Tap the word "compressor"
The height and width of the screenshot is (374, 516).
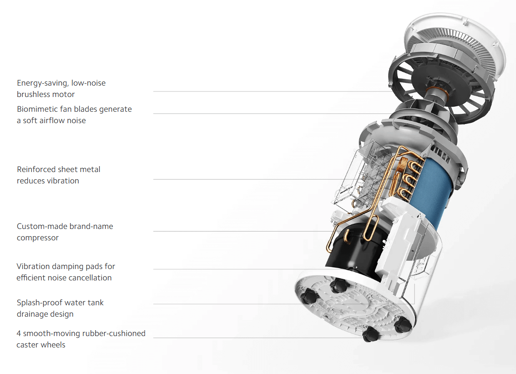click(x=38, y=238)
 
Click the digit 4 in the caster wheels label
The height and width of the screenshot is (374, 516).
click(x=19, y=334)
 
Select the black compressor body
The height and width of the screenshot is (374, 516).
click(x=353, y=251)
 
